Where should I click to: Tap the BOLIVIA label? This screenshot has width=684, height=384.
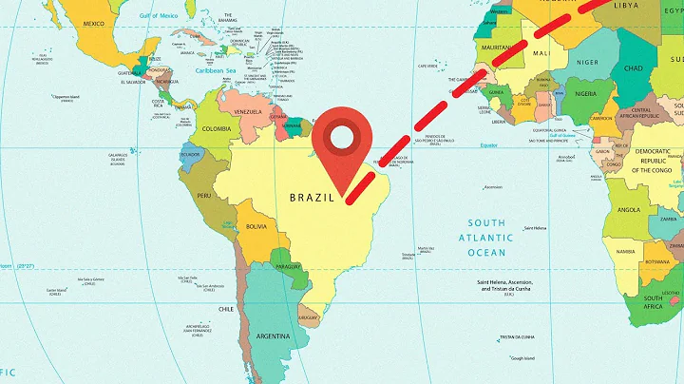tap(256, 227)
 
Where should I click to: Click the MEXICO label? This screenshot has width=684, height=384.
tap(94, 23)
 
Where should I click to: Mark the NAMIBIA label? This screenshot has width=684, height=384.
tap(625, 252)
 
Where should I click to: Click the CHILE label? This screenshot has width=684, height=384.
tap(226, 308)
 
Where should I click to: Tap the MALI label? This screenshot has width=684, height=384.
tap(542, 55)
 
